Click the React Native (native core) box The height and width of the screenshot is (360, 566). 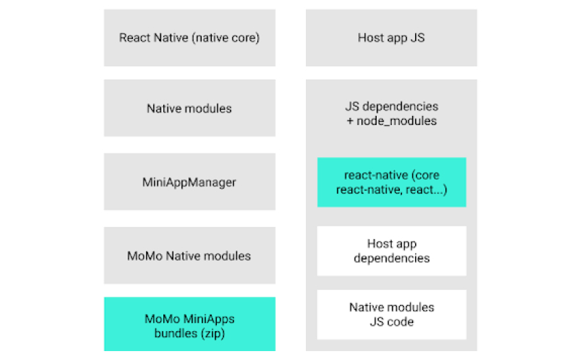coord(189,38)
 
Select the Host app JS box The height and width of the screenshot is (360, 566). coord(391,38)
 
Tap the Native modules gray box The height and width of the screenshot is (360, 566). coord(189,108)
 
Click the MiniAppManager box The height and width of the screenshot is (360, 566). coord(189,182)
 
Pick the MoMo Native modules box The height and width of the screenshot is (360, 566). coord(189,256)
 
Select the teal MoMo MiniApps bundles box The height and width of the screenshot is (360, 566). coord(189,325)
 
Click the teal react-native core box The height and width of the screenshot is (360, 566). coord(391,182)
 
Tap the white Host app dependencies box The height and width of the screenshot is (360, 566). coord(391,251)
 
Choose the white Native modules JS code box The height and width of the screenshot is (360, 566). coord(391,314)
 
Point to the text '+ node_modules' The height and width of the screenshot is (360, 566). coord(391,121)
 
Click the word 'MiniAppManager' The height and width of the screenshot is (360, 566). coord(189,182)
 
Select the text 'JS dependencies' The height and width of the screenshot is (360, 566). coord(391,107)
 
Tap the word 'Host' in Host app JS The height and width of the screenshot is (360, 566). coord(370,38)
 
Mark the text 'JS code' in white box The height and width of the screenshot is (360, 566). coord(391,321)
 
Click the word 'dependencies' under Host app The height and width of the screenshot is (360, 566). coord(391,259)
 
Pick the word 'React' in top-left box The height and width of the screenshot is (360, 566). coord(135,38)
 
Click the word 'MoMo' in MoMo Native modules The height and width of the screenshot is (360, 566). coord(143,256)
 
